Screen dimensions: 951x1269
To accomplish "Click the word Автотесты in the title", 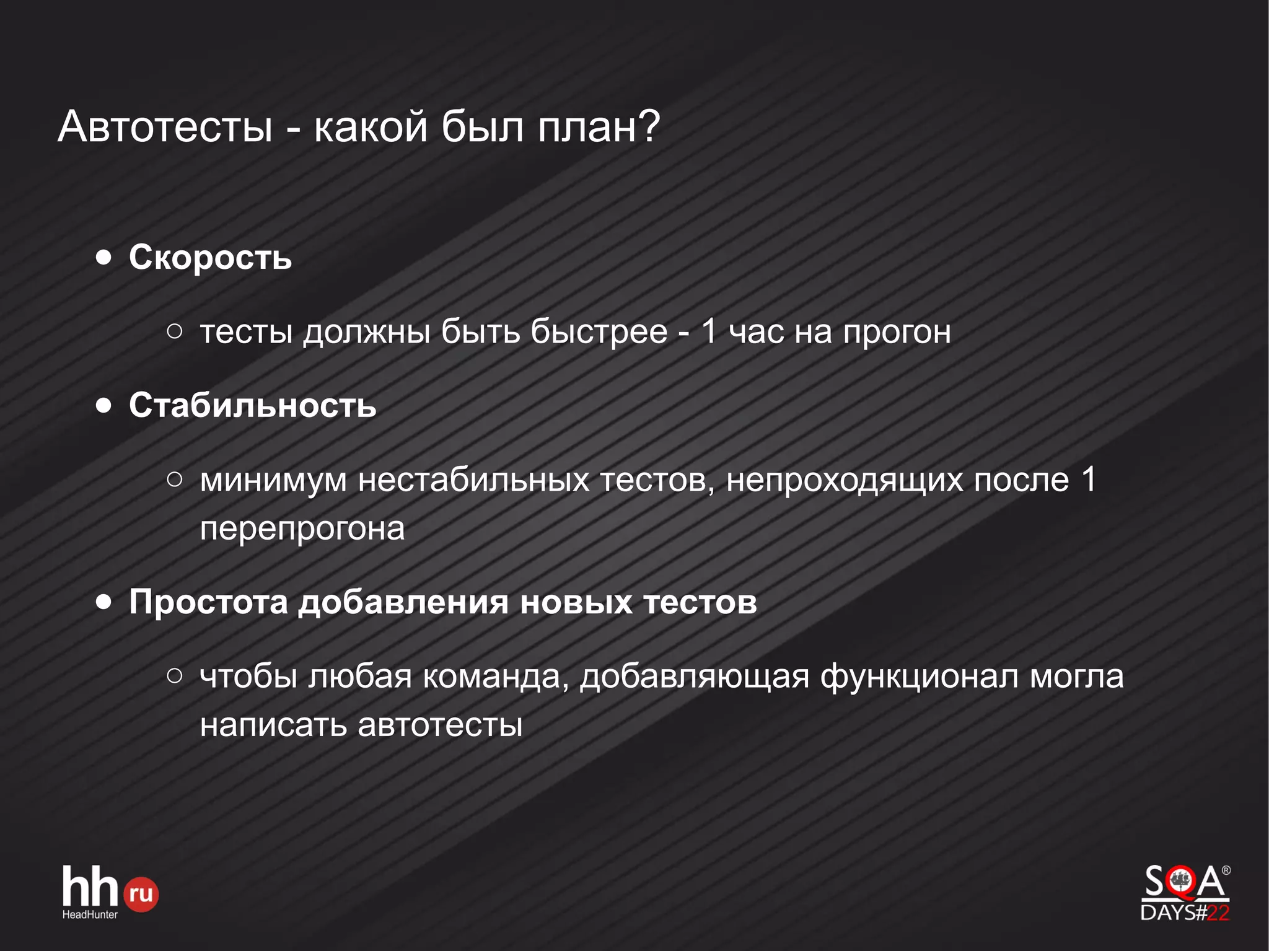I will pyautogui.click(x=165, y=127).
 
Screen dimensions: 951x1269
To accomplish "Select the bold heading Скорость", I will pyautogui.click(x=210, y=257).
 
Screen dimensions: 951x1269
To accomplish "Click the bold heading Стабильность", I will pyautogui.click(x=252, y=405).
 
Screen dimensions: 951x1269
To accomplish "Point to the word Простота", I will pyautogui.click(x=208, y=602).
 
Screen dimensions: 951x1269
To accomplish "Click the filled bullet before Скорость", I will pyautogui.click(x=104, y=257).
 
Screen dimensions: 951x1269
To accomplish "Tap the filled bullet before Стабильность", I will pyautogui.click(x=104, y=406).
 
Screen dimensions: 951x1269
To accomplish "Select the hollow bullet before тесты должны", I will pyautogui.click(x=175, y=331).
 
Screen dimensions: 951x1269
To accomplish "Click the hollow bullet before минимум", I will pyautogui.click(x=175, y=479).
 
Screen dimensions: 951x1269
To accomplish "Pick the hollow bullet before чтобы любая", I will pyautogui.click(x=175, y=676).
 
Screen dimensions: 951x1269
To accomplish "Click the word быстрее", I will pyautogui.click(x=599, y=331).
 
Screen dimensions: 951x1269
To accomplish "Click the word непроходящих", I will pyautogui.click(x=845, y=480).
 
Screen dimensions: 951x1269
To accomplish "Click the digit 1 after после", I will pyautogui.click(x=1089, y=479).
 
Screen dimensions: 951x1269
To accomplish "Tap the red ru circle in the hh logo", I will pyautogui.click(x=141, y=894).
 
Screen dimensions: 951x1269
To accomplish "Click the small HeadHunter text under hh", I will pyautogui.click(x=90, y=914).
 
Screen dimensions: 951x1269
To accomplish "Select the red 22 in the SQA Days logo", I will pyautogui.click(x=1218, y=913).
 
